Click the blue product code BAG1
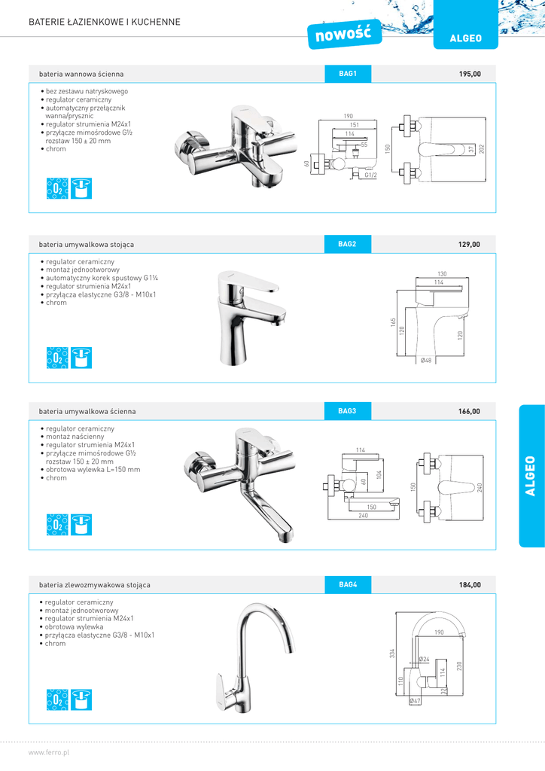point(348,74)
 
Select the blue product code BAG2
point(347,245)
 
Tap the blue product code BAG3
point(347,411)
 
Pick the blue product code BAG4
point(348,584)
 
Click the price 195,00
point(470,74)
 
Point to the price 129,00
point(469,245)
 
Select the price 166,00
point(469,411)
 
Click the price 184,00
point(470,584)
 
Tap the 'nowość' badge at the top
point(345,34)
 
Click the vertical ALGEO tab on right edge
point(531,476)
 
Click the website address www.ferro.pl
point(49,753)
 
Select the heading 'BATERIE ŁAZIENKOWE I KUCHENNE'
point(105,22)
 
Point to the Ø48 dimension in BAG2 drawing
point(426,361)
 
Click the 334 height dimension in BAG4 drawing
point(392,653)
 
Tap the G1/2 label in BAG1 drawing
point(370,175)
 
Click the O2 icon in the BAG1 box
point(57,188)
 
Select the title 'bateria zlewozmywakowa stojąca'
point(95,585)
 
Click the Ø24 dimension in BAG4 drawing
point(424,660)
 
